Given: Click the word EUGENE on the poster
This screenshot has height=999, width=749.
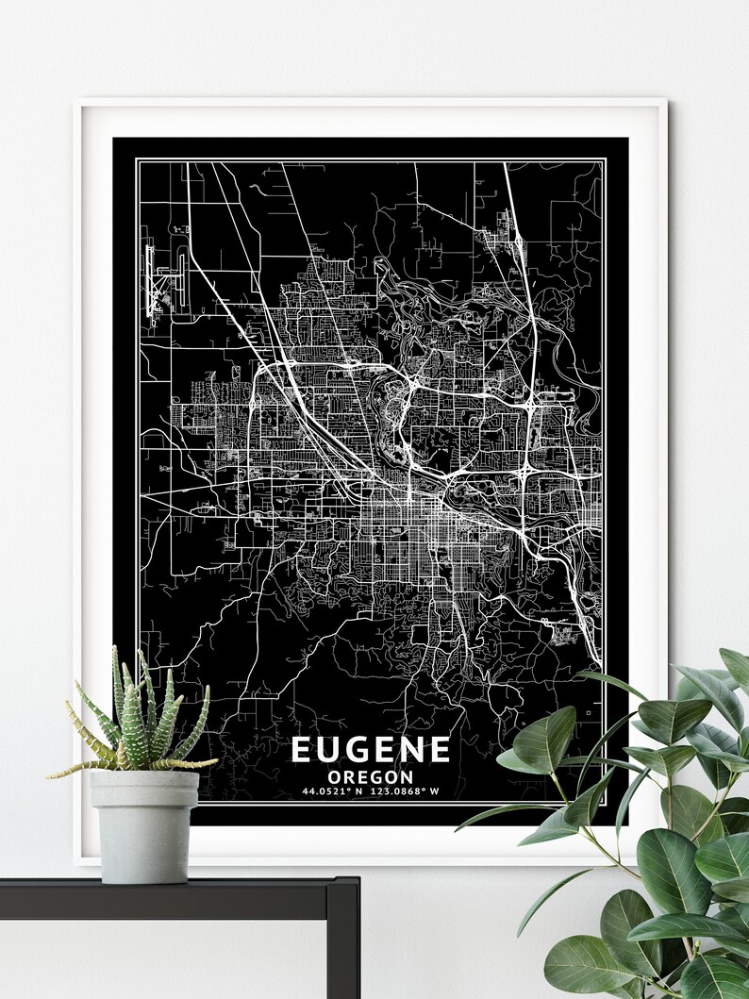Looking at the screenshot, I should point(371,749).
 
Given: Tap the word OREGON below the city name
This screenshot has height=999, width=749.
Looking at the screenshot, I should point(371,776).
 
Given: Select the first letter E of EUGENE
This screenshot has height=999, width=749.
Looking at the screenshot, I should point(301,749).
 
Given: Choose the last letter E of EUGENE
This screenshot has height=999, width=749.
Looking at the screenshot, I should point(440,749).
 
